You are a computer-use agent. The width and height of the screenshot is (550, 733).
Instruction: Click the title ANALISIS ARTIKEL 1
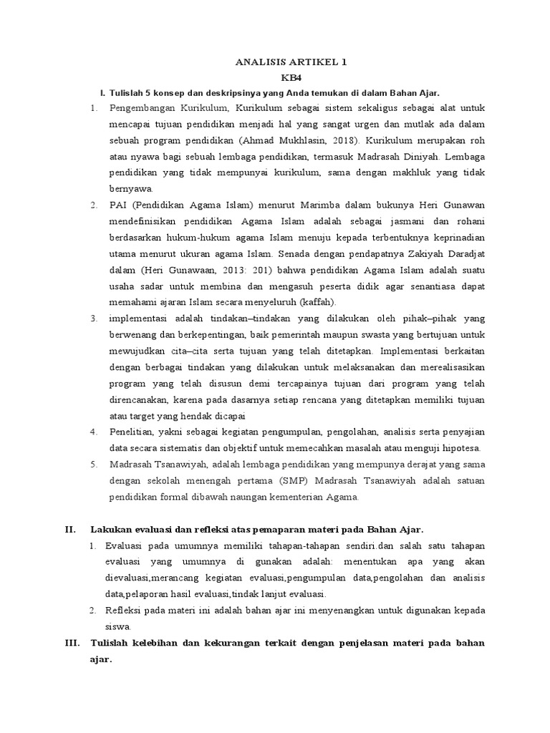point(291,62)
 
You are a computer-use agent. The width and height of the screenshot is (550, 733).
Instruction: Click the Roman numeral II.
point(70,530)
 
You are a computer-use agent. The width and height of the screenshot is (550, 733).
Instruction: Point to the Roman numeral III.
point(71,643)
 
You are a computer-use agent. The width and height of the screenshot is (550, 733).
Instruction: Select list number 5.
point(94,464)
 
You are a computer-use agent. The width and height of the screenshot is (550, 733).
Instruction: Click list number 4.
point(94,432)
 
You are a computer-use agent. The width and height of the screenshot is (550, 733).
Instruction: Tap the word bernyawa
point(131,189)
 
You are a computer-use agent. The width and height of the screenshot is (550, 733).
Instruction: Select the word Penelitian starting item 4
point(130,432)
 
